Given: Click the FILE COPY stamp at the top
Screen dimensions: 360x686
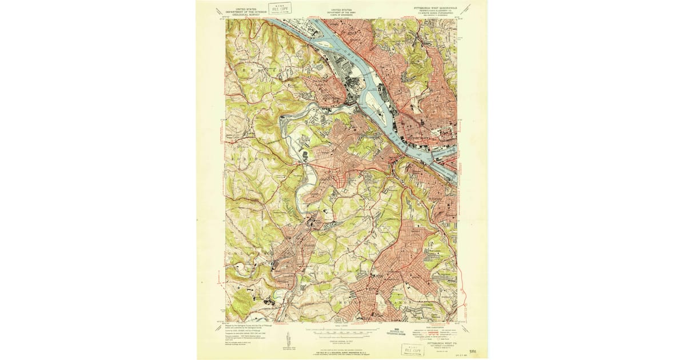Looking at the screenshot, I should (281, 7).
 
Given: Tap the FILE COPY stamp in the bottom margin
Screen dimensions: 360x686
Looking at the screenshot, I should (413, 349).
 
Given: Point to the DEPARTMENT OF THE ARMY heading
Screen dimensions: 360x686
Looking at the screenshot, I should (342, 11).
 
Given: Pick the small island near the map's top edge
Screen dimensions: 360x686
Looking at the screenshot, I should (322, 42).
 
